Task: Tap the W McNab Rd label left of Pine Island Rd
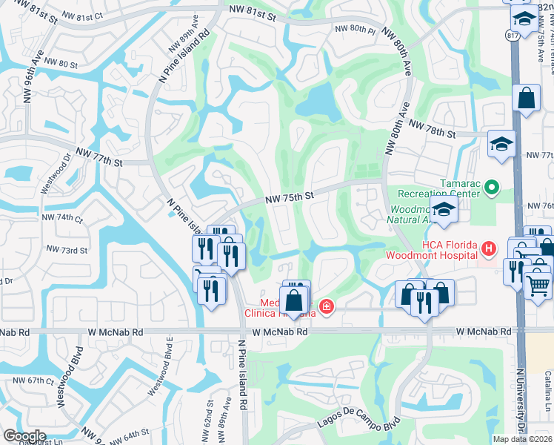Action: click(x=113, y=332)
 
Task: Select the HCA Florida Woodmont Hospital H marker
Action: click(x=488, y=248)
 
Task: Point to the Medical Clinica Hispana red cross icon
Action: click(x=326, y=307)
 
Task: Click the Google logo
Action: click(x=25, y=436)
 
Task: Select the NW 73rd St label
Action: click(x=67, y=250)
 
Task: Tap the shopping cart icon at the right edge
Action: click(x=538, y=284)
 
